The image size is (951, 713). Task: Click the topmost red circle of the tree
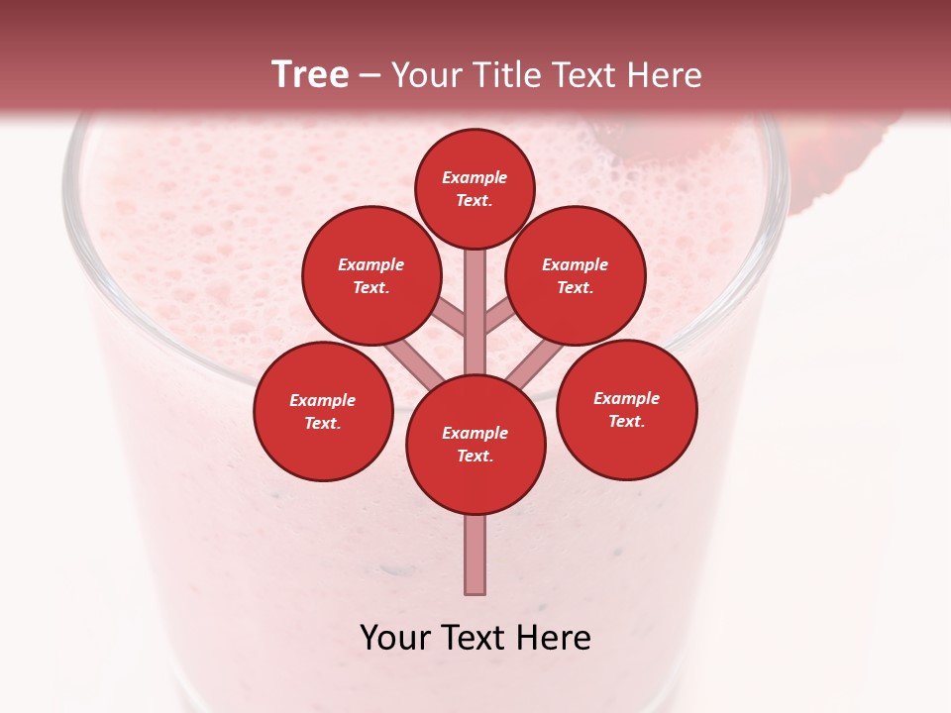click(x=475, y=188)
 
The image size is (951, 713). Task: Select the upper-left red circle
click(x=370, y=275)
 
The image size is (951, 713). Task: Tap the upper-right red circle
click(x=576, y=275)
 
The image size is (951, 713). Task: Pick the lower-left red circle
click(x=323, y=411)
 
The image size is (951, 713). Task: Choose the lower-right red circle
click(x=626, y=409)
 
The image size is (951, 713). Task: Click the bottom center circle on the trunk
click(x=475, y=444)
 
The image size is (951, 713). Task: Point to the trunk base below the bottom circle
click(x=475, y=555)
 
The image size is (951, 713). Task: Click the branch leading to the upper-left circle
click(x=449, y=318)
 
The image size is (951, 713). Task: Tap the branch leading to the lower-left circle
click(x=411, y=362)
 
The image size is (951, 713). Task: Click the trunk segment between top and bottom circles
click(x=475, y=297)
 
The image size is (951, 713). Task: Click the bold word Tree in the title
click(x=310, y=74)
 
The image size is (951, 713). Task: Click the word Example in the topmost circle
click(x=475, y=177)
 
